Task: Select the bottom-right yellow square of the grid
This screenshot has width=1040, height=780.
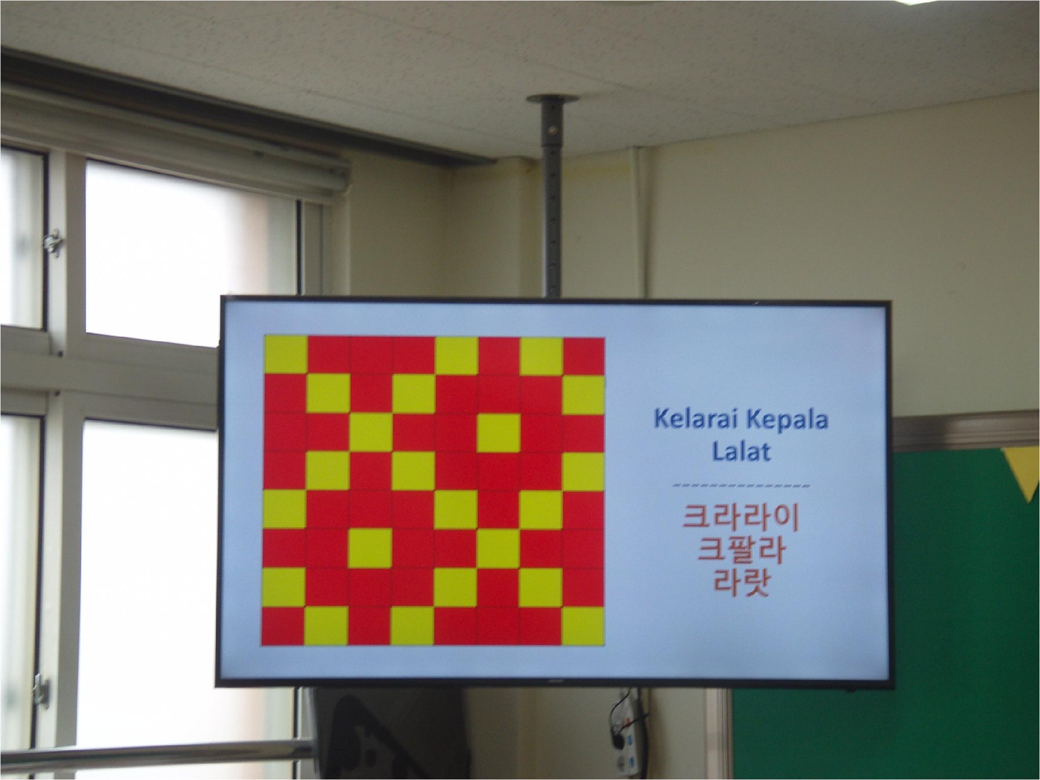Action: pos(584,627)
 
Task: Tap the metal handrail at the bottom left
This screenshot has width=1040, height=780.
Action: pos(152,752)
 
